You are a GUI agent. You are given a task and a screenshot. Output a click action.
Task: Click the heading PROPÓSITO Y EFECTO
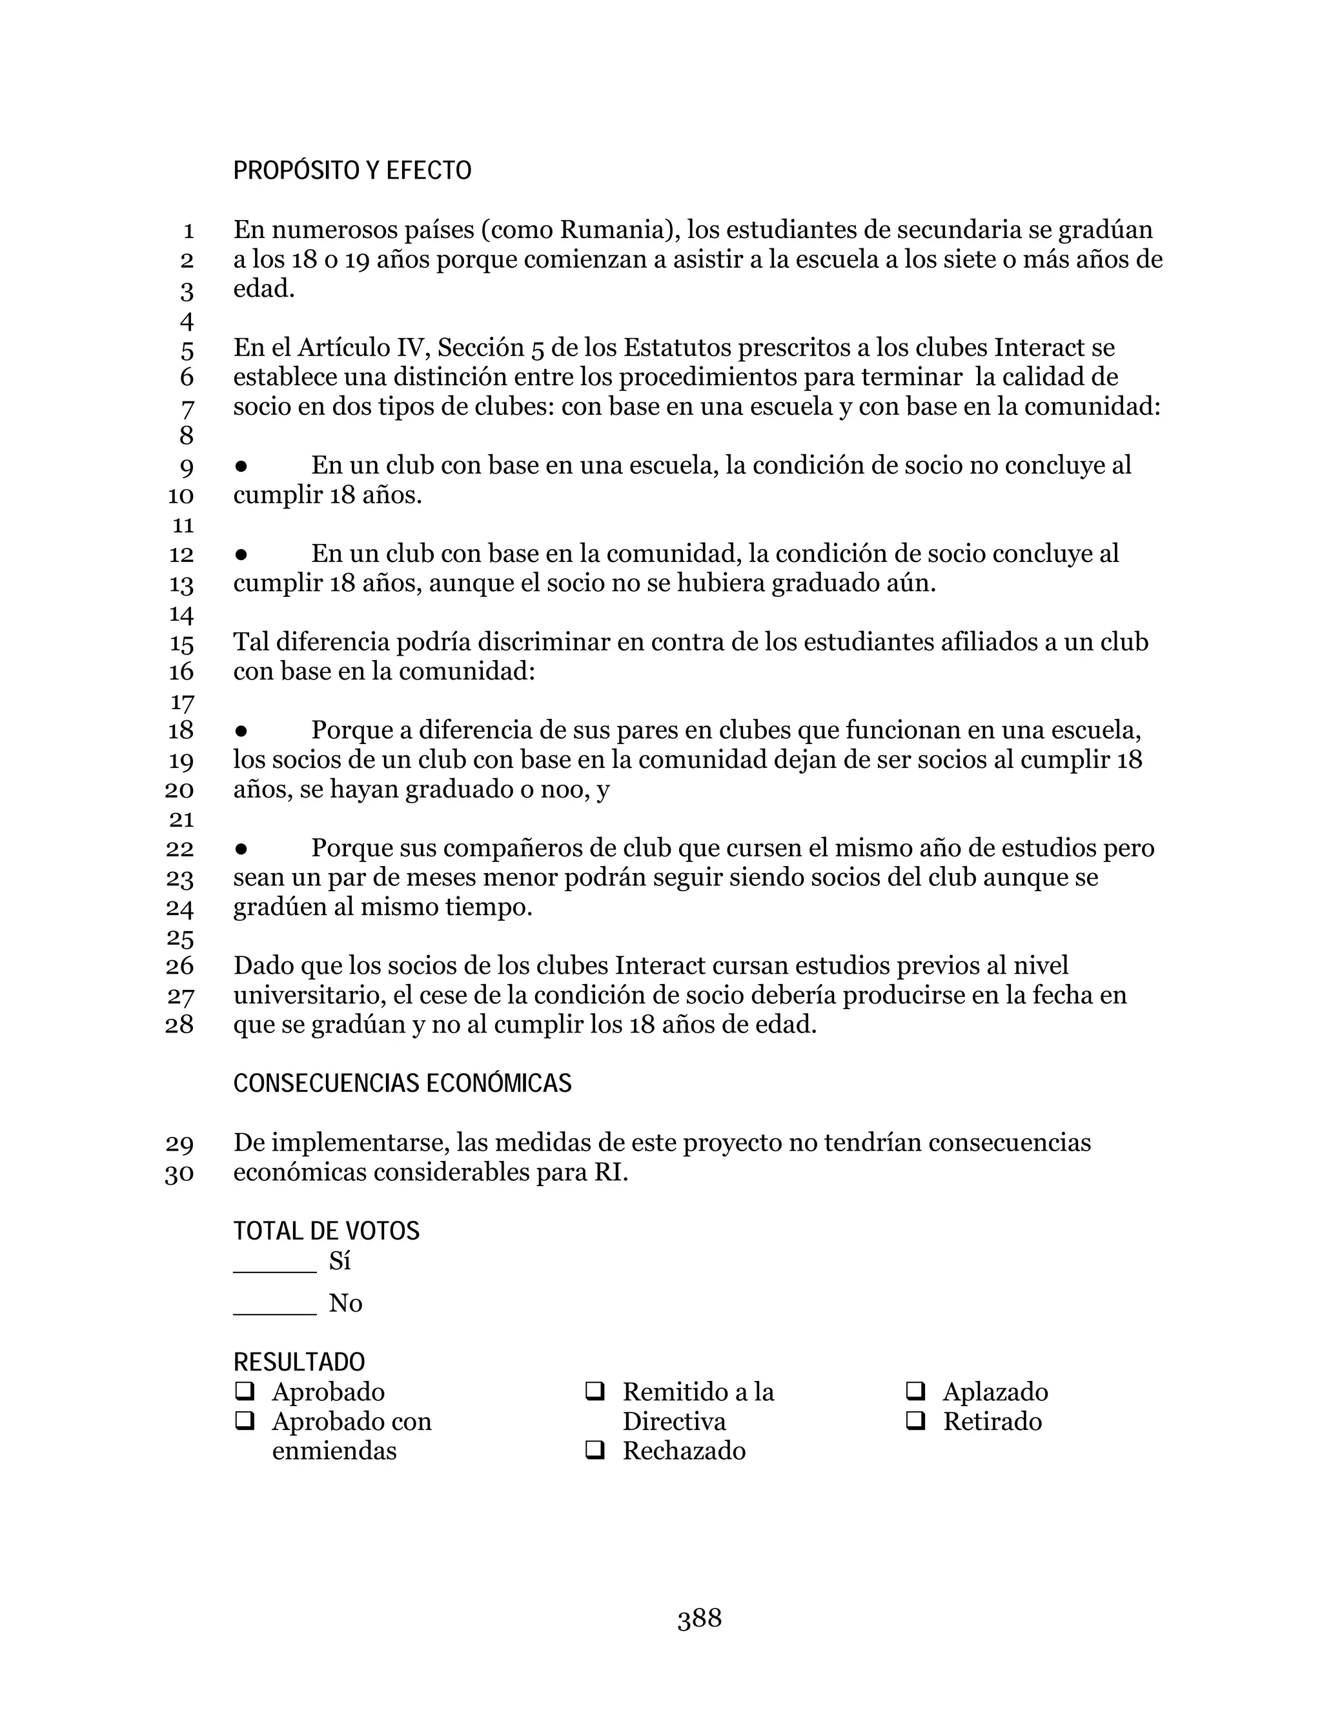tap(352, 171)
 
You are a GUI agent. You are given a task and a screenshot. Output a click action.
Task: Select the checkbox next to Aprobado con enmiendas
tap(245, 1421)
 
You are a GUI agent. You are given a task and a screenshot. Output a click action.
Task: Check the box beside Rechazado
tap(595, 1451)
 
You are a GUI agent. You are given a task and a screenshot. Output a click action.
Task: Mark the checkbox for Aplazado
tap(915, 1391)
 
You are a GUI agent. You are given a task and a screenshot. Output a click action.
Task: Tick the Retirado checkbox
tap(915, 1421)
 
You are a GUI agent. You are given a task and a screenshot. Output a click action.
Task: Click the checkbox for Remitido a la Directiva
tap(595, 1391)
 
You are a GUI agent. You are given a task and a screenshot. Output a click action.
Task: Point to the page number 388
tap(699, 1618)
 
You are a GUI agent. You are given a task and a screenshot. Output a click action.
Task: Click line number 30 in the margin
tap(179, 1174)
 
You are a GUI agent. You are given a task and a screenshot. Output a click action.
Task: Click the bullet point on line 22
tap(241, 849)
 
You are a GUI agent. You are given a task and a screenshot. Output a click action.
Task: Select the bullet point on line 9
tap(241, 466)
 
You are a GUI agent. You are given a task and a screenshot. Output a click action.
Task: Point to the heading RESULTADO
tap(299, 1362)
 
